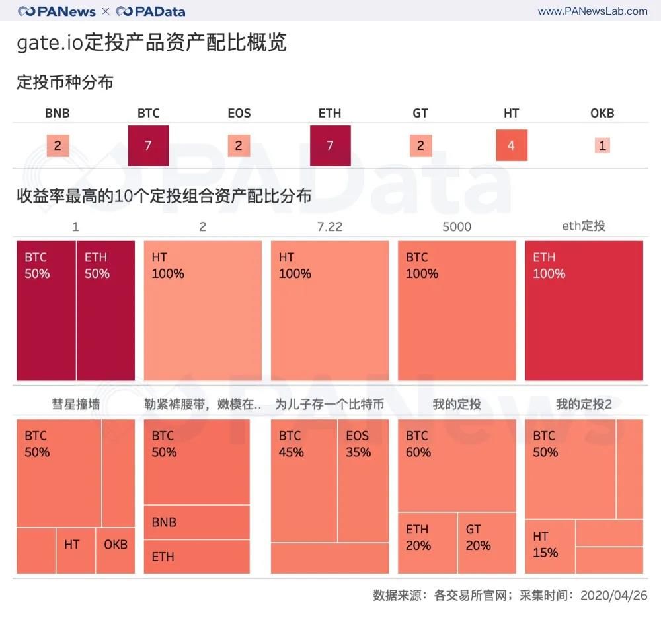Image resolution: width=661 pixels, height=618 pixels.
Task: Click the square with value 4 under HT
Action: tap(512, 145)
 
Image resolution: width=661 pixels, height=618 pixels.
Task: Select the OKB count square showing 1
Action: tap(602, 145)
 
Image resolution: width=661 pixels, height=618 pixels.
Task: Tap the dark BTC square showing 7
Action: tap(148, 145)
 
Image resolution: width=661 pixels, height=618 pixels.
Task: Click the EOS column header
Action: tap(239, 113)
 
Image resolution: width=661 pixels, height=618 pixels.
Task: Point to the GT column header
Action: tap(420, 113)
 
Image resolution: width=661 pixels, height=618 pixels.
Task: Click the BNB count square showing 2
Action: tap(58, 145)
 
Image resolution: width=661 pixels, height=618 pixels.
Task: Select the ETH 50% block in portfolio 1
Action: tap(106, 311)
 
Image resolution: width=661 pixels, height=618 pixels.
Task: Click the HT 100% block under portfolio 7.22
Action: tap(330, 311)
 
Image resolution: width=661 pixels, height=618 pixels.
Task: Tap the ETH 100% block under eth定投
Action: tap(584, 311)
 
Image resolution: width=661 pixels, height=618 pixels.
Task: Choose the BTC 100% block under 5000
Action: tap(457, 311)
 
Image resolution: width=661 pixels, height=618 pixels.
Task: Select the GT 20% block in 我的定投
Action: tap(487, 543)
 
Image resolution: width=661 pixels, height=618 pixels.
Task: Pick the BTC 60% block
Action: tap(457, 465)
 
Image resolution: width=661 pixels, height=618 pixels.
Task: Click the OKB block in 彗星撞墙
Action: tap(116, 551)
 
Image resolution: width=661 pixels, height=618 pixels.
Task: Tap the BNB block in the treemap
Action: tap(197, 522)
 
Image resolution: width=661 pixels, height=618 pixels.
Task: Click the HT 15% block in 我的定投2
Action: tap(550, 547)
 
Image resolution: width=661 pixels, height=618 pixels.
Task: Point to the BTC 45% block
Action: tap(304, 481)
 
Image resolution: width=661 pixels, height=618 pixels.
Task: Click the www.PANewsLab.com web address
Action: tap(593, 11)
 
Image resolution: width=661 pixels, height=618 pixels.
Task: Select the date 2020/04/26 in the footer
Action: tap(614, 596)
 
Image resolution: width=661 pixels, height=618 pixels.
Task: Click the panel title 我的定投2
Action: tap(584, 404)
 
